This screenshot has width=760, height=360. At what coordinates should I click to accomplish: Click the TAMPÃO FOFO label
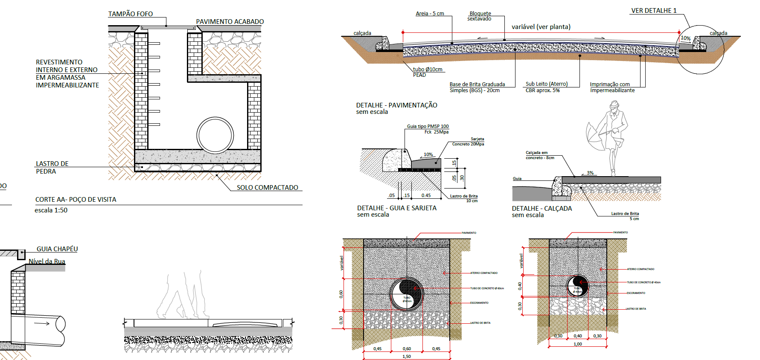[130, 14]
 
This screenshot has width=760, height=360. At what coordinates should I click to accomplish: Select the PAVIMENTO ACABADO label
[230, 22]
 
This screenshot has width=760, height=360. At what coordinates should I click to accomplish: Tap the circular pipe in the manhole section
[215, 135]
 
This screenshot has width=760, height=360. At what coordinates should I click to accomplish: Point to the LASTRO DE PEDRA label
[52, 168]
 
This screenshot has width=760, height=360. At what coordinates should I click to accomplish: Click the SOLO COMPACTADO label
[267, 188]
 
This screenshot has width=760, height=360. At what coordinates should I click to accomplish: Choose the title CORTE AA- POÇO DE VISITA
[76, 200]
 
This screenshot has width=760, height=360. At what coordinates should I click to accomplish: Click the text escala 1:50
[51, 210]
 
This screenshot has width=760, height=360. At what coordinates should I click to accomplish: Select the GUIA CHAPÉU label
[57, 249]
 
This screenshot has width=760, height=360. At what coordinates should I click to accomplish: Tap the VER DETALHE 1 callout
[654, 11]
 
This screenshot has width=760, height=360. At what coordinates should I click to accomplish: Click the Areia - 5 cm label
[430, 14]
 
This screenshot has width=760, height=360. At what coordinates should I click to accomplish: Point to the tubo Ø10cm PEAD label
[427, 72]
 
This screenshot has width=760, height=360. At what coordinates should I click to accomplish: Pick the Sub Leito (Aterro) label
[546, 84]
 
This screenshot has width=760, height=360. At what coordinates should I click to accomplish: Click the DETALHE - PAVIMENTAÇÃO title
[396, 105]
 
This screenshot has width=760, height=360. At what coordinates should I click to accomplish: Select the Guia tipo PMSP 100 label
[428, 126]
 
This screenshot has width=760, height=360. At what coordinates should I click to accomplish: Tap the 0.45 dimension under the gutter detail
[426, 196]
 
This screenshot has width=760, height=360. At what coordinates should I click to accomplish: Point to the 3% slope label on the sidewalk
[590, 173]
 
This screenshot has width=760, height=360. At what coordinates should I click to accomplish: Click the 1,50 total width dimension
[407, 357]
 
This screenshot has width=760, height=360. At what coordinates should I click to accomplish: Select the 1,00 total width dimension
[577, 344]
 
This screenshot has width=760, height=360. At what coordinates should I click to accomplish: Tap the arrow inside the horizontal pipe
[42, 324]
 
